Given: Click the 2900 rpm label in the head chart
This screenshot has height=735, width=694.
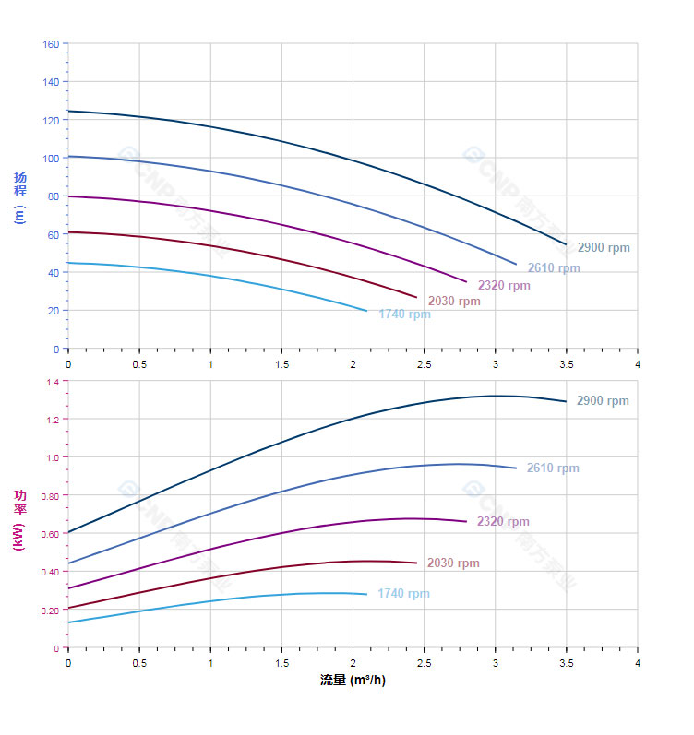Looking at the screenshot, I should (604, 248).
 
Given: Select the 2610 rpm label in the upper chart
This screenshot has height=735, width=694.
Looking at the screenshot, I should (554, 268).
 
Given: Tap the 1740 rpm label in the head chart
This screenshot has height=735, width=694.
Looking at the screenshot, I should (404, 314).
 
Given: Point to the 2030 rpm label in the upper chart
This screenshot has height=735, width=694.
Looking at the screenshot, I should (454, 302).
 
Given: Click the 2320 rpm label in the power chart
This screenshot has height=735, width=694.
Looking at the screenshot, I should (503, 522).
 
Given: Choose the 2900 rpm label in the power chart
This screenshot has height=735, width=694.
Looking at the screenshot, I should (603, 401).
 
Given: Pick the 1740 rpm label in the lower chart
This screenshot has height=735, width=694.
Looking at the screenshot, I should (403, 594).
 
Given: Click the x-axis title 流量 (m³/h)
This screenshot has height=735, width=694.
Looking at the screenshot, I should (353, 681).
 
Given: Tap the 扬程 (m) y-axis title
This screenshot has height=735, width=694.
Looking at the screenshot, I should (19, 196).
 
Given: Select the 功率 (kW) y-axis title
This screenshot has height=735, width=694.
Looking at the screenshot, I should (19, 520).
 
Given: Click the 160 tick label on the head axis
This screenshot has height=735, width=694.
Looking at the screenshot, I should (51, 44).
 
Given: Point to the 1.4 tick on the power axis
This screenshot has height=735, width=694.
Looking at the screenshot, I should (52, 382).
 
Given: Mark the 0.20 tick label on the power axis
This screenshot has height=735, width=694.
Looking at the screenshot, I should (49, 611).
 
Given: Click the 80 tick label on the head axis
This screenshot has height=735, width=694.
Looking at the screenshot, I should (54, 196).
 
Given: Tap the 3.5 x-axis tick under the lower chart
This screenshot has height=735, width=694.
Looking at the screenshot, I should (567, 663).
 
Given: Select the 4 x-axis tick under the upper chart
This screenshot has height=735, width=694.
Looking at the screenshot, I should (638, 364).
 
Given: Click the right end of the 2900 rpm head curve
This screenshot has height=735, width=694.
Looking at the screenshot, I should (566, 244).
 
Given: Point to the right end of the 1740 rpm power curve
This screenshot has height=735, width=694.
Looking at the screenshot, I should (366, 594).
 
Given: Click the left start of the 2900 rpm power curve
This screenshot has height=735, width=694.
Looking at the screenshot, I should (68, 532).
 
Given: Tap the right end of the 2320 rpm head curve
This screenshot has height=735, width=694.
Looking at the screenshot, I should (466, 282).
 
